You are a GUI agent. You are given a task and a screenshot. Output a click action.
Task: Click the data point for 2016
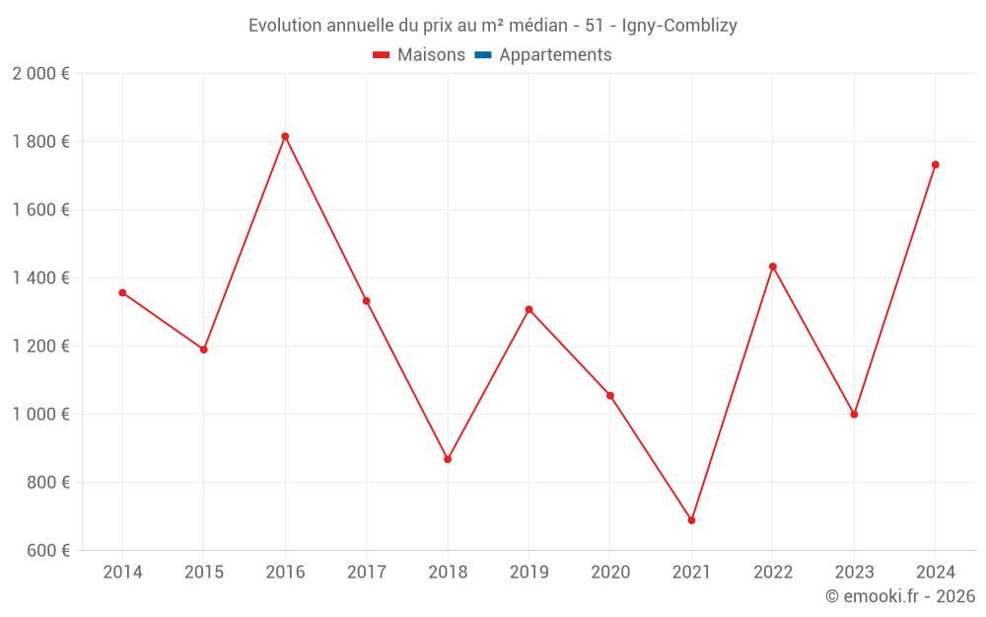[285, 136]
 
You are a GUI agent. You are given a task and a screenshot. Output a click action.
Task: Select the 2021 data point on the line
[691, 520]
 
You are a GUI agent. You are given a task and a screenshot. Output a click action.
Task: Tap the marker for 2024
[935, 165]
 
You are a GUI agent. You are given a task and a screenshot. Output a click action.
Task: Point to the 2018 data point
[448, 459]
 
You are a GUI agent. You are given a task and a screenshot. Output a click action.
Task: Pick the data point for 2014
[122, 292]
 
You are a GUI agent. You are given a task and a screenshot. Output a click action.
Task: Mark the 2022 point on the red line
[773, 267]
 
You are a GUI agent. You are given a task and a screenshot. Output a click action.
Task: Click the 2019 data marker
[528, 310]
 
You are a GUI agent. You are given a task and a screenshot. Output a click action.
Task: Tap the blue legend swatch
[482, 55]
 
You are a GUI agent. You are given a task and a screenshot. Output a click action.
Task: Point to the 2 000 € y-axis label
[40, 74]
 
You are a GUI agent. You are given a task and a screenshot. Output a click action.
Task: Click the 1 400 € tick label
[40, 278]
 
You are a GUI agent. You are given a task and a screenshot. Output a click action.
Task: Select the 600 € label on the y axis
[45, 551]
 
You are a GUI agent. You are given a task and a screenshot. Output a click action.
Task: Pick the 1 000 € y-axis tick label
[40, 415]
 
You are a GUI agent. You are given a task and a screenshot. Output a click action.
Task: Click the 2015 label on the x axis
[204, 573]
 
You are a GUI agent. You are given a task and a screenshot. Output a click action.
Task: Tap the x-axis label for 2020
[610, 573]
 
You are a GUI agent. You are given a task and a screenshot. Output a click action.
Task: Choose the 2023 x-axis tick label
[854, 573]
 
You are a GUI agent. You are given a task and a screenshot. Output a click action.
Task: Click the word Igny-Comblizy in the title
[679, 26]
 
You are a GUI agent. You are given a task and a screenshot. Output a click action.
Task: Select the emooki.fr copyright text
[900, 596]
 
